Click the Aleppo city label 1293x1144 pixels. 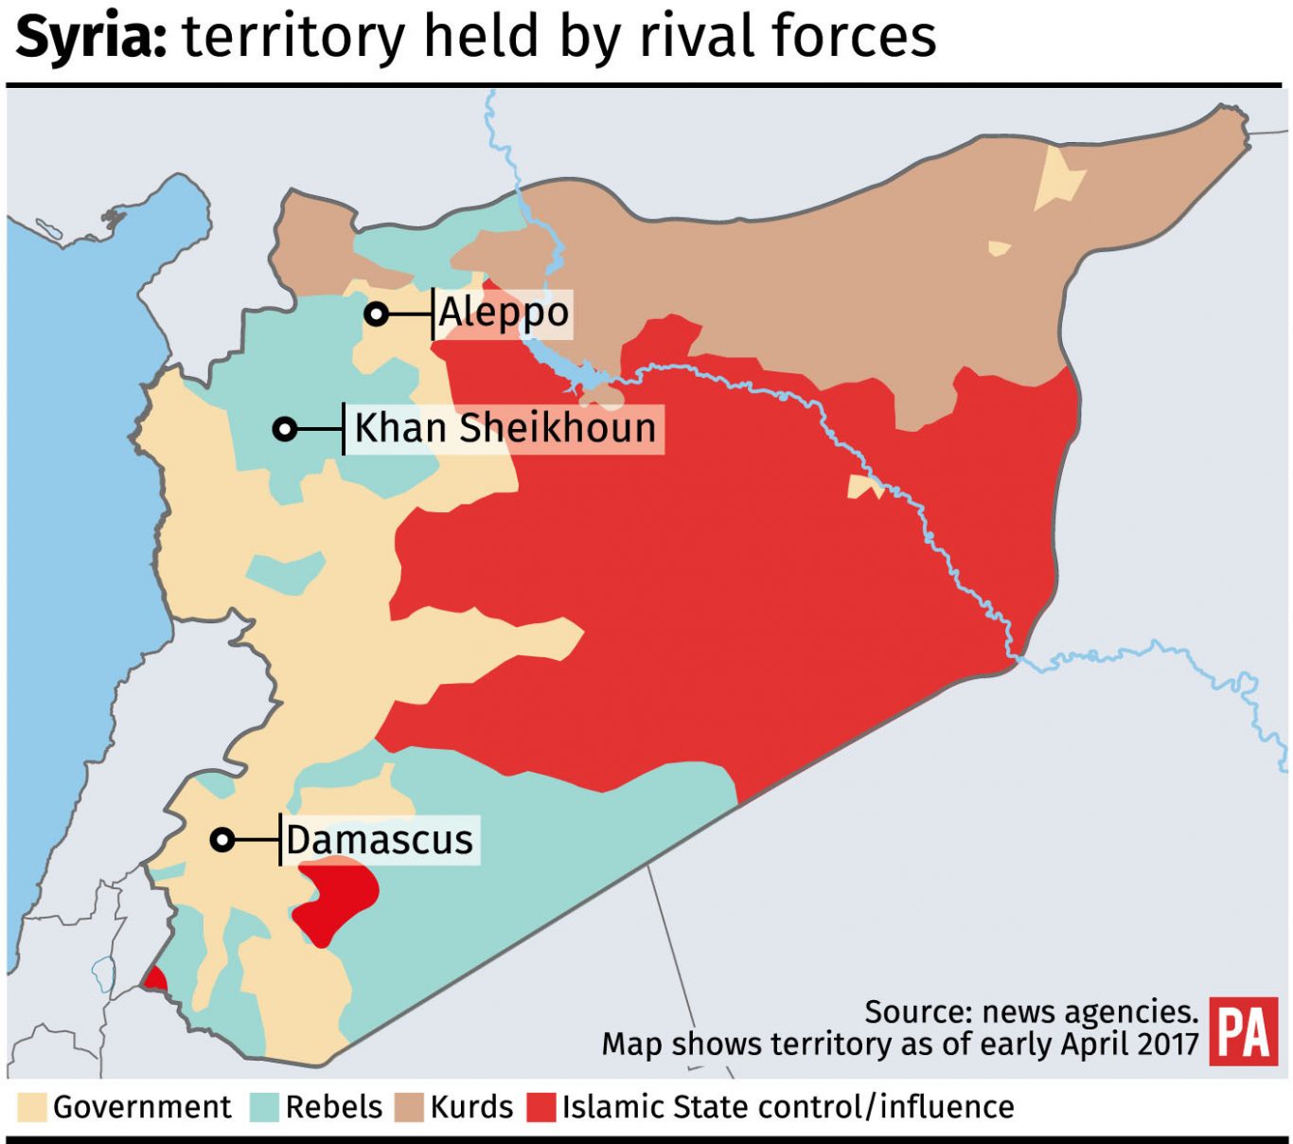[x=504, y=313]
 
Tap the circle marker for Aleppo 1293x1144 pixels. [x=377, y=314]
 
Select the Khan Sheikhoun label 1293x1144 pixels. [x=505, y=428]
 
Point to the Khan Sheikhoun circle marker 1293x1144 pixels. [x=284, y=429]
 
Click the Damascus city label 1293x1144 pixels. [x=380, y=840]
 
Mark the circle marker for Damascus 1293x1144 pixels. [x=222, y=840]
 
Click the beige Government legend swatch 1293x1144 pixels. [x=31, y=1107]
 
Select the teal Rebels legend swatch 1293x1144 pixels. [x=265, y=1107]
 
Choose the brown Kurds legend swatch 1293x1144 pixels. [x=409, y=1107]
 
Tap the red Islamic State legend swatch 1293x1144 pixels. [x=541, y=1107]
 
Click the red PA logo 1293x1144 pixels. [x=1243, y=1031]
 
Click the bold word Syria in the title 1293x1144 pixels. [x=91, y=38]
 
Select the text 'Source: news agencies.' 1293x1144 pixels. [x=1031, y=1011]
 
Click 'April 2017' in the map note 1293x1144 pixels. [x=1130, y=1044]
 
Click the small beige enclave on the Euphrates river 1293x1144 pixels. [x=863, y=487]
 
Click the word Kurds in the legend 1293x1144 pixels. [x=471, y=1107]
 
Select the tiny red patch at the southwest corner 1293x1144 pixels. [x=154, y=979]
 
